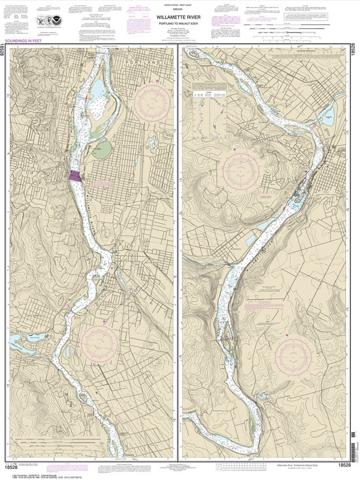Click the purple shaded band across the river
[76, 176]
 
